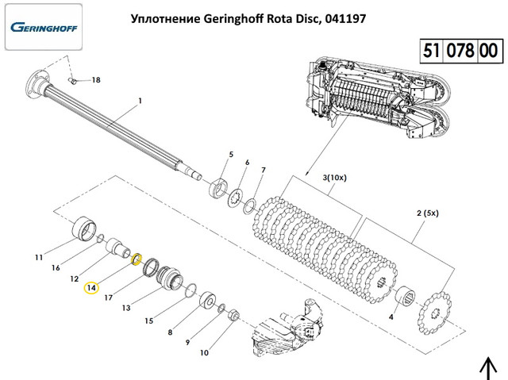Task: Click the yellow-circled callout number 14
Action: (90, 287)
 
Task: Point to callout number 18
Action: (96, 80)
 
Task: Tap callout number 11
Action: (38, 257)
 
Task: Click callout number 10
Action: (204, 353)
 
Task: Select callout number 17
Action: (109, 298)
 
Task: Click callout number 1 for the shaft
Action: (140, 101)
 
